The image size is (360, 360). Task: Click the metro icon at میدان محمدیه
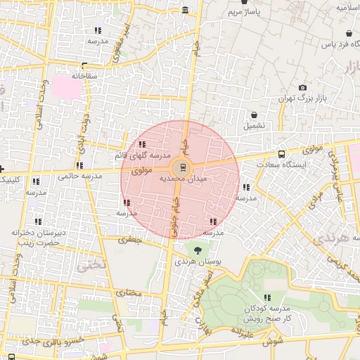pos(183,167)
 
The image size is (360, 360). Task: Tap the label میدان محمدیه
pos(183,179)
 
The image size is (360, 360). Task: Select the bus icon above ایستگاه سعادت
pos(282,153)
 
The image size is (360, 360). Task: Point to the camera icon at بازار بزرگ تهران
pos(303,88)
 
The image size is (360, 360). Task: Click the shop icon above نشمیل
pos(254,115)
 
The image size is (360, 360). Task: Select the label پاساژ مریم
pos(243,13)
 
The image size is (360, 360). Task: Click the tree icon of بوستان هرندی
pos(197,249)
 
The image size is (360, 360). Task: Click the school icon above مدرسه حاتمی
pos(79,165)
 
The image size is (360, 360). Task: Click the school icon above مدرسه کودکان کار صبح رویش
pos(267,297)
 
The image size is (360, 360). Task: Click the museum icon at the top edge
pos(185,10)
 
